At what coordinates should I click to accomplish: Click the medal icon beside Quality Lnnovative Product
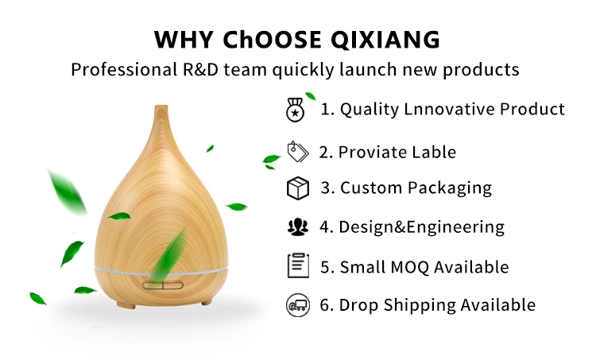click(295, 110)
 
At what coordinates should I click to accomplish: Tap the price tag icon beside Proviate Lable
click(296, 151)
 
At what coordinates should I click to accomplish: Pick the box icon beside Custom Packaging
click(296, 188)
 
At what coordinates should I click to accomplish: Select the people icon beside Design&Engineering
click(296, 226)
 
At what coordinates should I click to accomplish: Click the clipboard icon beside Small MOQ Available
click(296, 265)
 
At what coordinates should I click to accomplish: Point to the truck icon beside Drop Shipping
click(296, 304)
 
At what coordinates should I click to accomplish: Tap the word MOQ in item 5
click(413, 267)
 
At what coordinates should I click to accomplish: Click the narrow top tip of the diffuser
click(161, 109)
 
